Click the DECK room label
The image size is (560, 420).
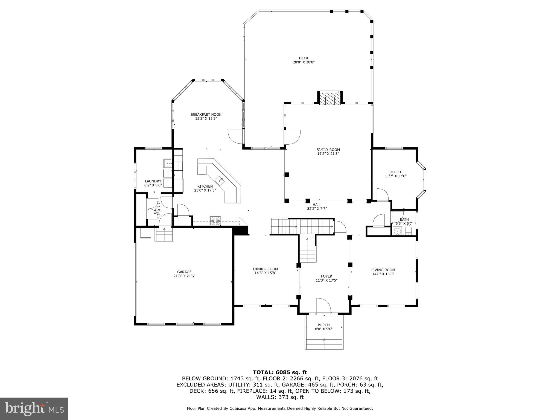(x=304, y=58)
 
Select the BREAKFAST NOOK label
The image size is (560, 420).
(x=206, y=115)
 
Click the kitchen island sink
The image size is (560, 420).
(x=220, y=180)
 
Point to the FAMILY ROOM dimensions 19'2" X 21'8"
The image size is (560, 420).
(x=328, y=154)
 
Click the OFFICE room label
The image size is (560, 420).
(x=396, y=172)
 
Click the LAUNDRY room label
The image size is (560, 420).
(x=153, y=181)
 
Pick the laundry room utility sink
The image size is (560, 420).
(x=167, y=163)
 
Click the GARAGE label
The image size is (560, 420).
(x=184, y=272)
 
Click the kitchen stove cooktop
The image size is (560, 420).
(x=215, y=221)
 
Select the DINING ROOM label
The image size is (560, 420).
(x=265, y=269)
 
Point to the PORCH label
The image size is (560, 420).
(x=323, y=325)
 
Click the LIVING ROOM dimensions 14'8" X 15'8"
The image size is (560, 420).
(x=383, y=274)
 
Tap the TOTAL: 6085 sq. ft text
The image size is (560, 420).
(x=280, y=372)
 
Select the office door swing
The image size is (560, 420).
(x=382, y=194)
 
